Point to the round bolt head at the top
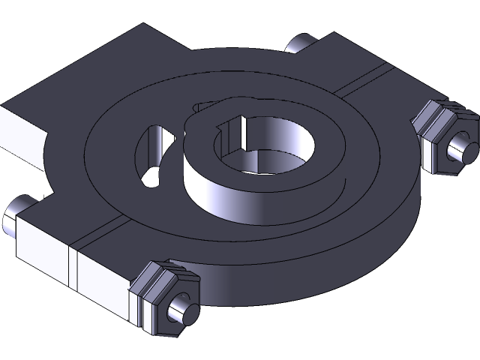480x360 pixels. tap(300, 43)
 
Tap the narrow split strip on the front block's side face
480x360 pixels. tap(73, 267)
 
